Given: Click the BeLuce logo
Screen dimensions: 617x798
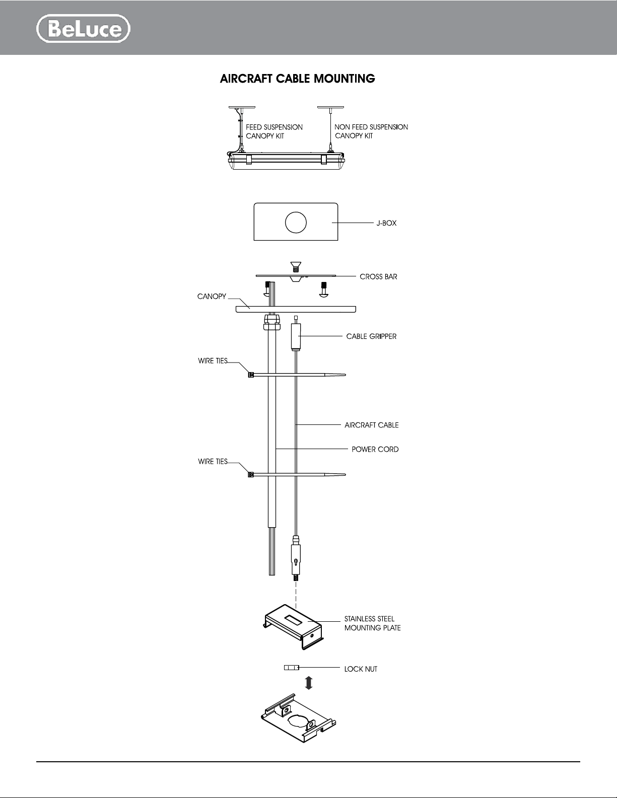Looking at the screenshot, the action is coord(83,28).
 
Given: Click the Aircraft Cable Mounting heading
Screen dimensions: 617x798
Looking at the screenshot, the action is coord(298,79).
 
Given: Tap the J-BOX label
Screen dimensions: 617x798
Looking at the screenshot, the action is coord(386,223).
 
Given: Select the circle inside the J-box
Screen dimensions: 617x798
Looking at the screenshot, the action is coord(296,223).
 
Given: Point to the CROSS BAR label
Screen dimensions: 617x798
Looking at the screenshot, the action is coord(378,277).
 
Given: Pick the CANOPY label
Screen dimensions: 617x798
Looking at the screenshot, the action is coord(212,297).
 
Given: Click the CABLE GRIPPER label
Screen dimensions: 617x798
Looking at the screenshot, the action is coord(371,336).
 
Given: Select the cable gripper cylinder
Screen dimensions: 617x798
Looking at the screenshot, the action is coord(296,336).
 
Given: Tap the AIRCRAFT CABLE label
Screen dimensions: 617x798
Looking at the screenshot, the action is coord(371,425).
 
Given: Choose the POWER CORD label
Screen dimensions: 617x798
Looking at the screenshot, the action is coord(375,450).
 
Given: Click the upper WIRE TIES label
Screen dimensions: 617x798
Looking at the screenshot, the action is coord(213,361).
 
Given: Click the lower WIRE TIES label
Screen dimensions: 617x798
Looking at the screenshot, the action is coord(213,462).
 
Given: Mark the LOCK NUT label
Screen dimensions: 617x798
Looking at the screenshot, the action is coord(361,669).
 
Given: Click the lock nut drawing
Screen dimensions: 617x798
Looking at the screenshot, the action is coord(291,668).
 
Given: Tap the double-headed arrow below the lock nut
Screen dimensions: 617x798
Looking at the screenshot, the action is coord(309,683).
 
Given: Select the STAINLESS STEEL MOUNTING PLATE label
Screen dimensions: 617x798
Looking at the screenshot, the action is coord(372,624).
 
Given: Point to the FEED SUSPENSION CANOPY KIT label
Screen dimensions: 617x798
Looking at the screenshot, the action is coord(275,131).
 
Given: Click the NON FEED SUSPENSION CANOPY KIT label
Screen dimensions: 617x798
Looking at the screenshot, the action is coord(371,131).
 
